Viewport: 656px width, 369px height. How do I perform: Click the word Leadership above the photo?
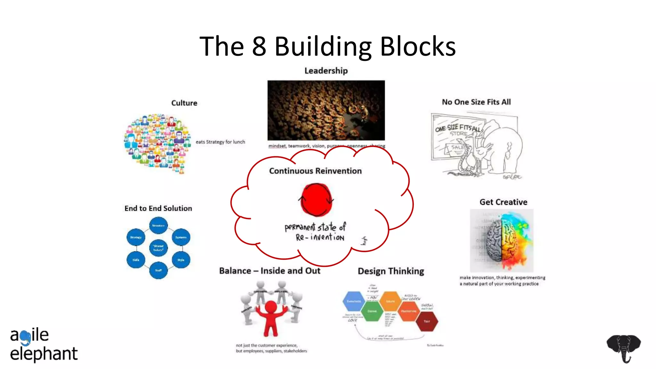[326, 71]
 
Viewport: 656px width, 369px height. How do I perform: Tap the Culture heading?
[184, 103]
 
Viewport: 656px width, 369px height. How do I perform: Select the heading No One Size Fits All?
[476, 102]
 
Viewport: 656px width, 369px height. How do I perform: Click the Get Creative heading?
[503, 202]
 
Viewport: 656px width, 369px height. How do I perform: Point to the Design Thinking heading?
[391, 271]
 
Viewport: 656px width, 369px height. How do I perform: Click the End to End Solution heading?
[158, 209]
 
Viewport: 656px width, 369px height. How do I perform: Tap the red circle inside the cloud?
[316, 200]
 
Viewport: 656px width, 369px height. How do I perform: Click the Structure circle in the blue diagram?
[158, 225]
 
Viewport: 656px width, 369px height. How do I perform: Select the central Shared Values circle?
[158, 248]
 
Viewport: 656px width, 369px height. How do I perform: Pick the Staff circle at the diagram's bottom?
[158, 270]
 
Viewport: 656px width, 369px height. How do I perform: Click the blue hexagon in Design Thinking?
[354, 301]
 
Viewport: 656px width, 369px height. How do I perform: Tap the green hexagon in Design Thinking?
[372, 311]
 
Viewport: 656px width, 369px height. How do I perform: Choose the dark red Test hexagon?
[427, 321]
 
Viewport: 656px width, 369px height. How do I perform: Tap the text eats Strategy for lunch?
[220, 142]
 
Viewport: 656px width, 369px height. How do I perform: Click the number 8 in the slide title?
[259, 46]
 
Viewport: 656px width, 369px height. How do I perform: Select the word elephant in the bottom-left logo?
[44, 354]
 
